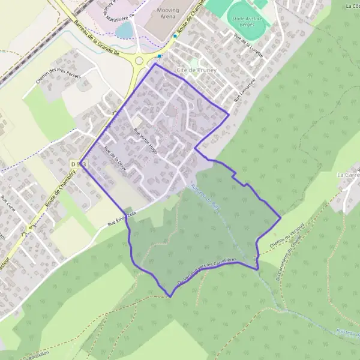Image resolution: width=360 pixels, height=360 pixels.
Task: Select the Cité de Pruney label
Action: pos(196,70)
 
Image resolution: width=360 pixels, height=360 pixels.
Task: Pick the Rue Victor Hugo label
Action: pos(146,141)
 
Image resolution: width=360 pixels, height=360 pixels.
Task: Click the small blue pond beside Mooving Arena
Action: pos(124,30)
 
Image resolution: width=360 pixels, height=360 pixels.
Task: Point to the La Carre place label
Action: pos(347,175)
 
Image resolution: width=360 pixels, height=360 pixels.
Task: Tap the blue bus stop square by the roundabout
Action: pos(159,56)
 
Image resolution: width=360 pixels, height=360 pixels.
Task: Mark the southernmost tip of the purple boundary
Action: pos(171,296)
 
